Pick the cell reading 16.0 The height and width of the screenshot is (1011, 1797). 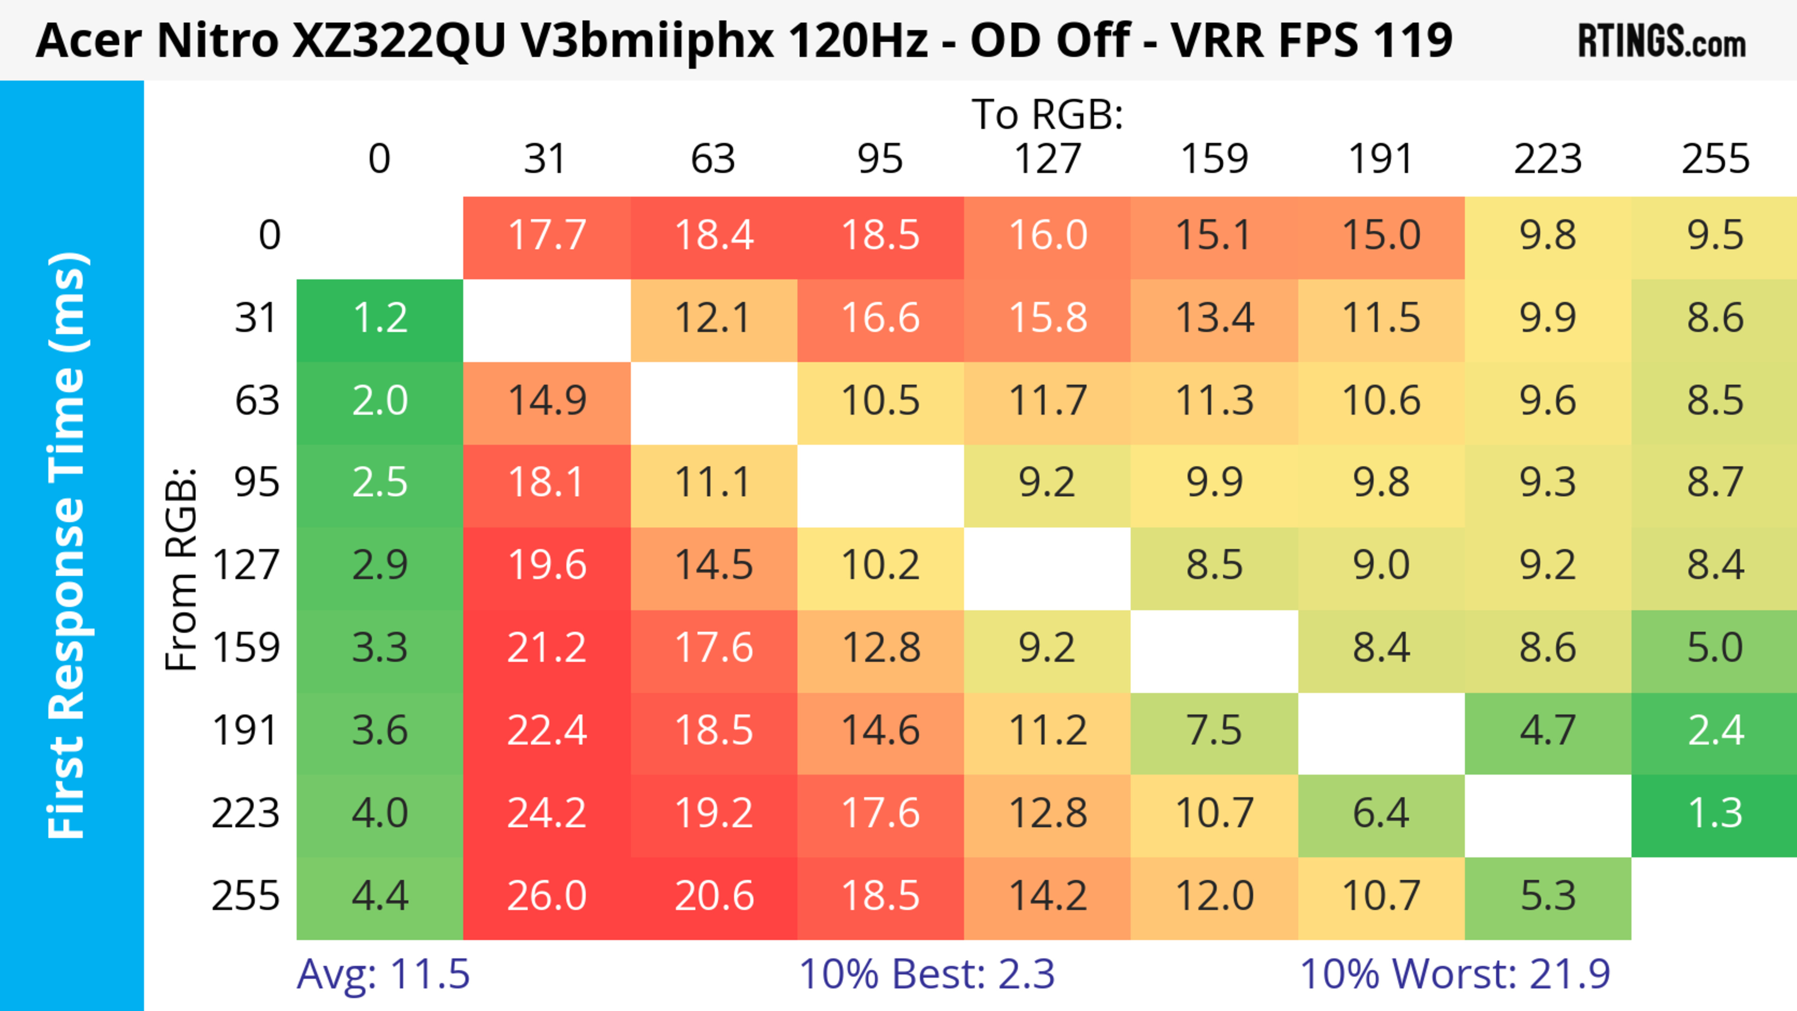[1047, 236]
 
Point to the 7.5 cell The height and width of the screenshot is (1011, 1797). [1214, 731]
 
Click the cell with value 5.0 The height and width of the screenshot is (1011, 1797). [1715, 648]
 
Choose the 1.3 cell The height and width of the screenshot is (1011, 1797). [1715, 814]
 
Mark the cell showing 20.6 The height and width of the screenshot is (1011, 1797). [714, 897]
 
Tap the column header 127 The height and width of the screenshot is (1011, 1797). [1047, 160]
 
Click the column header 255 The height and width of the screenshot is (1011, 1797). [1715, 160]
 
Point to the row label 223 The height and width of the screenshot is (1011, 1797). [246, 814]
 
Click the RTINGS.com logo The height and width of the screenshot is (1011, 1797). [1662, 42]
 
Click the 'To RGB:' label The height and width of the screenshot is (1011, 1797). [1047, 115]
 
